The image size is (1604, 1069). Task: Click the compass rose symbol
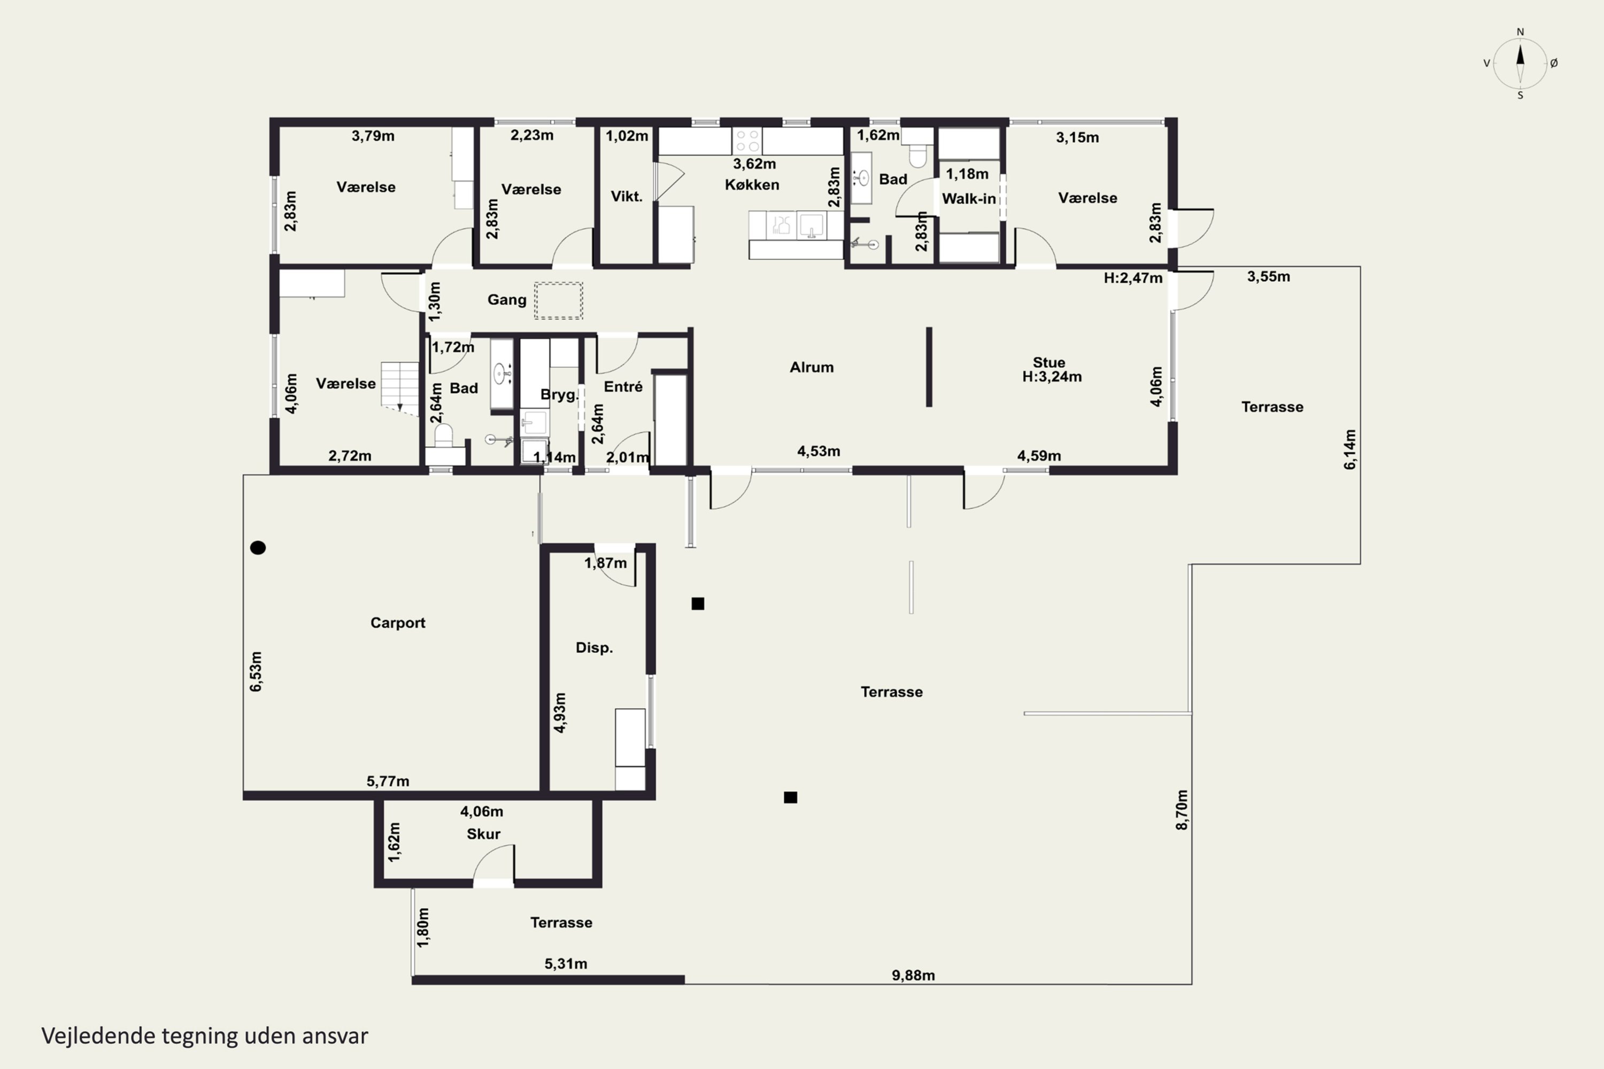(1520, 64)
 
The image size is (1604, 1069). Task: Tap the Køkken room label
(752, 185)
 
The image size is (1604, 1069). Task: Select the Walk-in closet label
(968, 199)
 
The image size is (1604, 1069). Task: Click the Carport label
(398, 623)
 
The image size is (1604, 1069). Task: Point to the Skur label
(483, 834)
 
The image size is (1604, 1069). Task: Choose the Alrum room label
(812, 368)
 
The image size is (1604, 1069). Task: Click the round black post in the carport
(258, 547)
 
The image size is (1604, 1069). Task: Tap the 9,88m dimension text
(913, 975)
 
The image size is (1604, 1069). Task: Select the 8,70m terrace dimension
(1182, 810)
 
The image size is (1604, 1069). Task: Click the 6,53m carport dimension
(256, 671)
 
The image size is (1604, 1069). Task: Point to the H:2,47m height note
(1133, 278)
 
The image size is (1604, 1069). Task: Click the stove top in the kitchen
(747, 141)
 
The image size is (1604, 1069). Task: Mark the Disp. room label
(594, 648)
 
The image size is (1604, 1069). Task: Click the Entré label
(623, 386)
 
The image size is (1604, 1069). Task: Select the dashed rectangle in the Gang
(559, 300)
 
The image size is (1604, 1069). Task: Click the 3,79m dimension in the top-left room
(373, 136)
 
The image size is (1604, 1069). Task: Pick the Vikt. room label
(627, 196)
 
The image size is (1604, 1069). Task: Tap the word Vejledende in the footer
(98, 1036)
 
